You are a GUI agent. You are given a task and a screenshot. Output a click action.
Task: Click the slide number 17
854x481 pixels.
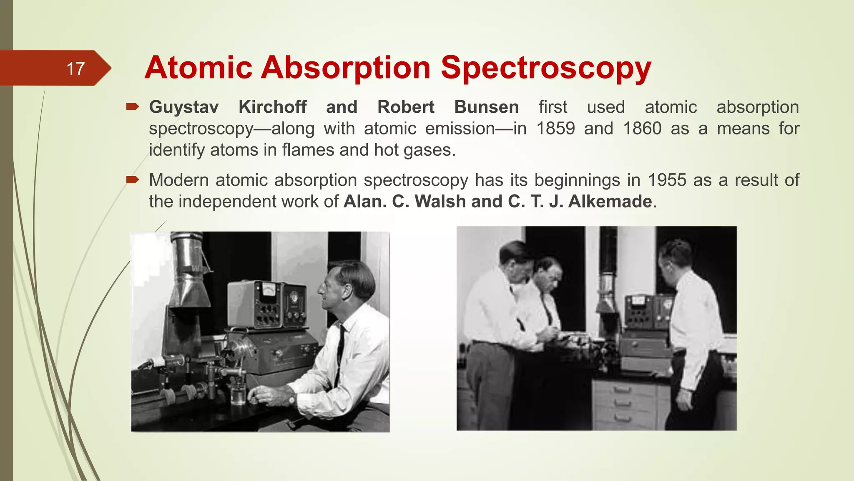coord(75,68)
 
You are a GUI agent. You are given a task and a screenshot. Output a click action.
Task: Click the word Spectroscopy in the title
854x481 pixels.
coord(546,68)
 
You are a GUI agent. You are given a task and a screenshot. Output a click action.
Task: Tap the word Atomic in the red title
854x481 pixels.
coord(198,68)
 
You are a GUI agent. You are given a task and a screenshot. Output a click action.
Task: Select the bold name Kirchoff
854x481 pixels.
coord(273,107)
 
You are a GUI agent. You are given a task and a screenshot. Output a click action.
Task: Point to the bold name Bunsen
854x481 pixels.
coord(486,107)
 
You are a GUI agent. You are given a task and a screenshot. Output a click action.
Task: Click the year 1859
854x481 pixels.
coord(555,128)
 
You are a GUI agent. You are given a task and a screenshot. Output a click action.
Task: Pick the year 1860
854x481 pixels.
coord(642,128)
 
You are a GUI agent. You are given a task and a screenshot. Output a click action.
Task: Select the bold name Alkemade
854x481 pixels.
coord(610,201)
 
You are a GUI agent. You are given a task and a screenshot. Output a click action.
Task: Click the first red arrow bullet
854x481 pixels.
coord(133,107)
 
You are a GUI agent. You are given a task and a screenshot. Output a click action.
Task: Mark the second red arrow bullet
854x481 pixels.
coord(133,180)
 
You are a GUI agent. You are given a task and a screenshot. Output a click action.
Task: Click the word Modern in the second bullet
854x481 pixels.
coord(178,180)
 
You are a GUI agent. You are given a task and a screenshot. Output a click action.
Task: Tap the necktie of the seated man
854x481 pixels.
coord(340,355)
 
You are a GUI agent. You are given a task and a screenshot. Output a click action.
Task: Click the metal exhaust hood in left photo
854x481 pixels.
coord(188,271)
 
